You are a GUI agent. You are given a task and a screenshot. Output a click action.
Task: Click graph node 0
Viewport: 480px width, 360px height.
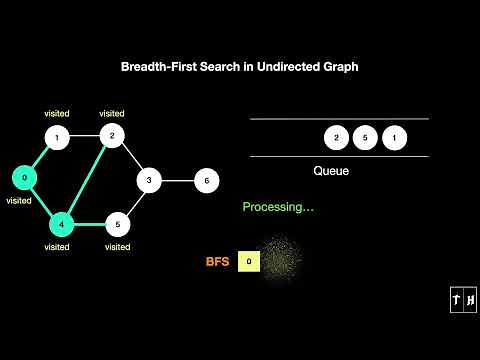(22, 178)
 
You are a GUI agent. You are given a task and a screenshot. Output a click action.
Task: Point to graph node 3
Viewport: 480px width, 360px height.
(149, 181)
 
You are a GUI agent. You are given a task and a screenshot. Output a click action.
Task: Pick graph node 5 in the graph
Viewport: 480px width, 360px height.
(117, 223)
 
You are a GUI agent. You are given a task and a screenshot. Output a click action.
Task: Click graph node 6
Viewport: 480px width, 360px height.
(206, 181)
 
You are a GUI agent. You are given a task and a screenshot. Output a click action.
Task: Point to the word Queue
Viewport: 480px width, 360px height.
(331, 171)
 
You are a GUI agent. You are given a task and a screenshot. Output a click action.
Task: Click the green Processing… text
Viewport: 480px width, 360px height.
(279, 208)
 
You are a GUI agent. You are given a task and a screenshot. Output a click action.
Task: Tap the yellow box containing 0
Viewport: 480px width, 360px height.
(249, 262)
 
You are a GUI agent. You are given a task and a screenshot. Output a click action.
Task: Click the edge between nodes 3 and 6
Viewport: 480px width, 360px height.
(178, 181)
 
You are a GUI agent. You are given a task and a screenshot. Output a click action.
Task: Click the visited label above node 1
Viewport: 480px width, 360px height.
(57, 113)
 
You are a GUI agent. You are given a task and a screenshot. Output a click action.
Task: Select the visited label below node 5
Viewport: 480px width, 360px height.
(117, 246)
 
